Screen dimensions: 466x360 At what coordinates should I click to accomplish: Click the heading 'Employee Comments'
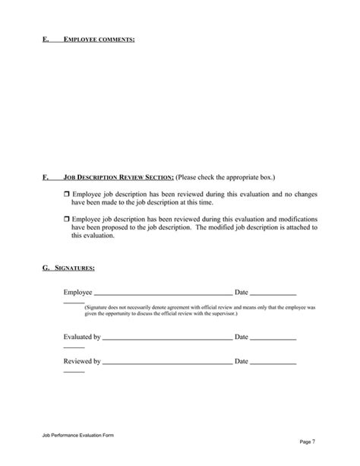(x=99, y=37)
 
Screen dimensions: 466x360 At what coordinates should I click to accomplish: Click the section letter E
(x=45, y=37)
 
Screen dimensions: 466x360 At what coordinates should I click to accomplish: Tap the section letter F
(x=45, y=176)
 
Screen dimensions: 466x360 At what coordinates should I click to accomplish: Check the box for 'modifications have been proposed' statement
(x=65, y=219)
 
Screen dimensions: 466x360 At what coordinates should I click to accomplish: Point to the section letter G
(x=46, y=268)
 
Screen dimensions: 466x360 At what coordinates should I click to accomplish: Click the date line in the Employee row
(x=273, y=293)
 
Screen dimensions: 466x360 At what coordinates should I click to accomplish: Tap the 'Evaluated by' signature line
(x=166, y=337)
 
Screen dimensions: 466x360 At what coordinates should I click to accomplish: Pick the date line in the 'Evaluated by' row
(x=273, y=337)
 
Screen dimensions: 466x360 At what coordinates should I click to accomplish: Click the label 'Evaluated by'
(x=82, y=336)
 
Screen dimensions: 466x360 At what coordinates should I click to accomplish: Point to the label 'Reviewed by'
(x=82, y=361)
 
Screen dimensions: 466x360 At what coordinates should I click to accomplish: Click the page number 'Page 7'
(x=308, y=442)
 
